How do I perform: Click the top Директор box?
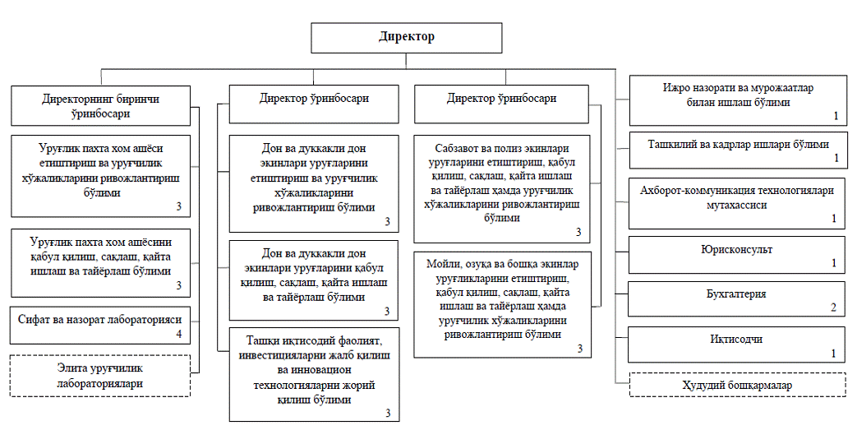407,38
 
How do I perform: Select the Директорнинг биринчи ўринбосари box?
100,105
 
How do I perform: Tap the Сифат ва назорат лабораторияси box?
100,326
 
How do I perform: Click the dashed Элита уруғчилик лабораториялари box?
100,376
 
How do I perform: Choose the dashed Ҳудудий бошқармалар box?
737,385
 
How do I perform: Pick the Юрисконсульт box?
737,255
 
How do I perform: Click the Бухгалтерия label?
736,294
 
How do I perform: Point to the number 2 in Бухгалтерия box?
833,307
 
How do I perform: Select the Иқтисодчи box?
737,344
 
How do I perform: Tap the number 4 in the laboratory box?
179,334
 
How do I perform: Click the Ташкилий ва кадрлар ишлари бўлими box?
737,150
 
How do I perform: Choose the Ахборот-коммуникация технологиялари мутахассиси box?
737,204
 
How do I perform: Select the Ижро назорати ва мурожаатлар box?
737,100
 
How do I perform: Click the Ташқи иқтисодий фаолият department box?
314,375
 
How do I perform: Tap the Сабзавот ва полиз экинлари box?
502,189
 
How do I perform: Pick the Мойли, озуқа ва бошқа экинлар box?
503,305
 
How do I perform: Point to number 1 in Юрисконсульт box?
834,263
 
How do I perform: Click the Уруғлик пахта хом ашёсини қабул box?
100,262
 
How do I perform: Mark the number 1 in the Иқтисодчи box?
833,354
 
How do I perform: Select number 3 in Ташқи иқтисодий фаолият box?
388,413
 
